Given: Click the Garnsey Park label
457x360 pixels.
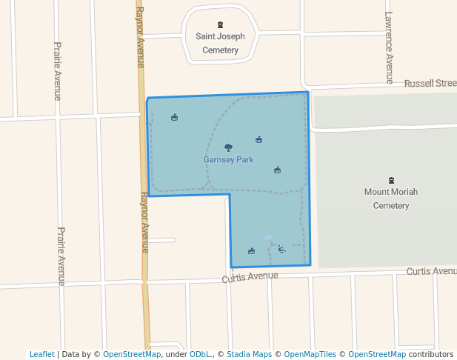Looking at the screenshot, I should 228,159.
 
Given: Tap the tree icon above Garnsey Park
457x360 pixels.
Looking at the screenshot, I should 228,147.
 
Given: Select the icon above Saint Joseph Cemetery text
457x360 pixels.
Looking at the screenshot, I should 220,24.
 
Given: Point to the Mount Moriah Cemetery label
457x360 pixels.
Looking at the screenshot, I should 390,199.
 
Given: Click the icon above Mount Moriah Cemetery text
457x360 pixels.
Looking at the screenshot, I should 391,180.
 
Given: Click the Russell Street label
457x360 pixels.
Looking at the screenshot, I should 430,84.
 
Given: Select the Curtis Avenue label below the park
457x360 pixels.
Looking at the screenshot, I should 250,276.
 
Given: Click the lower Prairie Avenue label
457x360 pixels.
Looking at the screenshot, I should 61,256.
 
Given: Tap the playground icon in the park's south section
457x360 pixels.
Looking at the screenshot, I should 281,250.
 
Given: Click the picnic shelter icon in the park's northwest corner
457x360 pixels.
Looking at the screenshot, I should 174,117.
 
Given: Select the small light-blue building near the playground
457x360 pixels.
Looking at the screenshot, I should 268,239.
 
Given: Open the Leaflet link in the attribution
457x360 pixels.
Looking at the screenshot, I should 41,354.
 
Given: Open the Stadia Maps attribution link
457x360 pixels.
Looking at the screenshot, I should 252,354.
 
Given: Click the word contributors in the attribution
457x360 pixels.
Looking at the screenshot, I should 431,354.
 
